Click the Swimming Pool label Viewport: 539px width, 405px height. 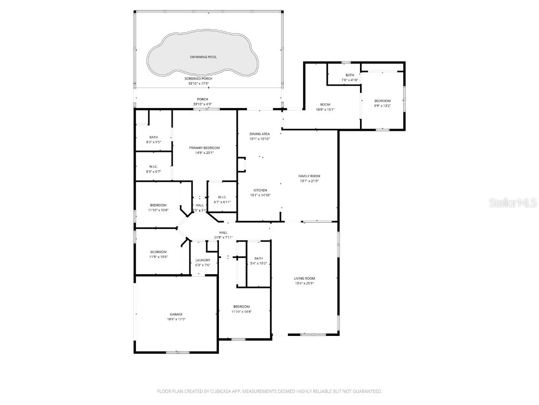pyautogui.click(x=203, y=56)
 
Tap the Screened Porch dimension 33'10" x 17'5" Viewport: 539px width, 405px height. pyautogui.click(x=203, y=83)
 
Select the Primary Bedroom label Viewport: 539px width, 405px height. pyautogui.click(x=204, y=148)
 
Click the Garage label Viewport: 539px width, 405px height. pyautogui.click(x=176, y=314)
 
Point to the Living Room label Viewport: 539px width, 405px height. pyautogui.click(x=304, y=278)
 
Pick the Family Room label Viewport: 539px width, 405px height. pyautogui.click(x=309, y=176)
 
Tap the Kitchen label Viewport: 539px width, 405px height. pyautogui.click(x=260, y=190)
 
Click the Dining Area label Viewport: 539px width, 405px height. pyautogui.click(x=259, y=134)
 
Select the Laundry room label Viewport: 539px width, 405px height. pyautogui.click(x=203, y=260)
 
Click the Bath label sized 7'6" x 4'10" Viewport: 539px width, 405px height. pyautogui.click(x=350, y=75)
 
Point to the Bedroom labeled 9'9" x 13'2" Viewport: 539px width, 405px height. pyautogui.click(x=382, y=101)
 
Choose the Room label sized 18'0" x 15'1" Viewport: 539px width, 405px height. pyautogui.click(x=325, y=104)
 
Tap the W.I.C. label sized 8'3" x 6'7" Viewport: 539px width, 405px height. pyautogui.click(x=154, y=167)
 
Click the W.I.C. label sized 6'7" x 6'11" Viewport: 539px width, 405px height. pyautogui.click(x=222, y=197)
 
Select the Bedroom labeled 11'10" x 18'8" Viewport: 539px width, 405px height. pyautogui.click(x=242, y=306)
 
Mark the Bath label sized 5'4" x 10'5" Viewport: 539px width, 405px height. pyautogui.click(x=258, y=258)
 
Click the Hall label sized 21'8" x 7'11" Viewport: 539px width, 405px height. pyautogui.click(x=223, y=233)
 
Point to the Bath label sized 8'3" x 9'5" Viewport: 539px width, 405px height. pyautogui.click(x=154, y=137)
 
